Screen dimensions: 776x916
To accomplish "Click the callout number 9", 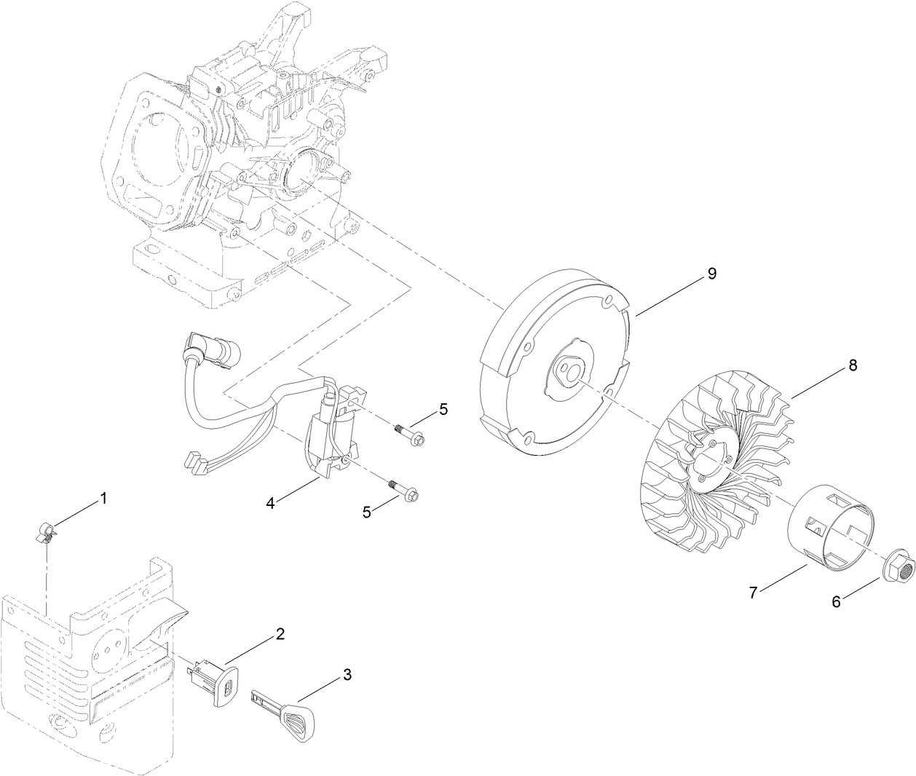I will pos(712,274).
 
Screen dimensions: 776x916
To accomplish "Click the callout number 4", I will pos(269,502).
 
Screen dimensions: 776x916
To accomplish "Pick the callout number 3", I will pos(347,675).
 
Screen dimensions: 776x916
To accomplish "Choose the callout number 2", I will pos(280,633).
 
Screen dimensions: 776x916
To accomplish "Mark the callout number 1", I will pos(103,499).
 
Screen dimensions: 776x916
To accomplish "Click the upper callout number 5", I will pos(443,410).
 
